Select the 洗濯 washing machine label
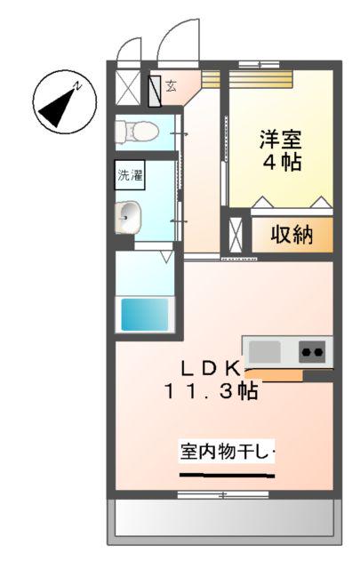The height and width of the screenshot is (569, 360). [130, 175]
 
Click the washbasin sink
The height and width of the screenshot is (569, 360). [130, 214]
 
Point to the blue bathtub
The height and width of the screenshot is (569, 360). [144, 314]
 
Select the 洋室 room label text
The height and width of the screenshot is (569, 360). [280, 140]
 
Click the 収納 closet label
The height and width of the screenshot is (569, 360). [291, 236]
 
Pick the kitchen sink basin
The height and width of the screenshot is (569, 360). [265, 351]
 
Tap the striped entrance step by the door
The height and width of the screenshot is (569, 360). [211, 78]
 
